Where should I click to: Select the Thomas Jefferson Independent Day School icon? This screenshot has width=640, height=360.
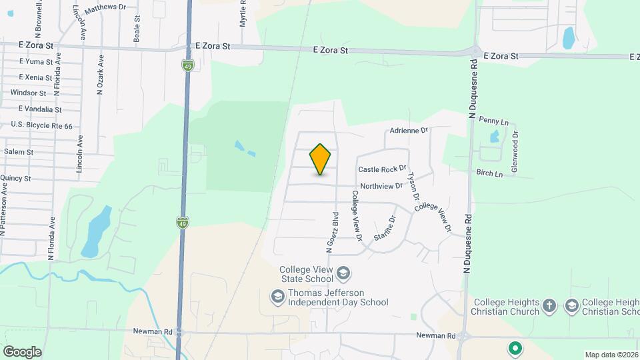(x=277, y=295)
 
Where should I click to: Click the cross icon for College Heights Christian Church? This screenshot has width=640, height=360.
(x=549, y=305)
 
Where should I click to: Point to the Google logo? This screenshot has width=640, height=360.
(x=22, y=351)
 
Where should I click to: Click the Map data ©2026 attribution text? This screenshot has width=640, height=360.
(x=611, y=355)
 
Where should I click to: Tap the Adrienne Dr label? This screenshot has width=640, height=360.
(x=409, y=131)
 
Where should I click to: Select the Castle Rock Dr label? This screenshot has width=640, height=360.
(x=382, y=170)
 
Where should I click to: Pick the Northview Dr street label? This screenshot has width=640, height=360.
(x=381, y=187)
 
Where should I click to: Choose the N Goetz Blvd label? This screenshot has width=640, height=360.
(x=330, y=232)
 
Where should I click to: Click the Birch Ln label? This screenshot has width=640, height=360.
(x=489, y=173)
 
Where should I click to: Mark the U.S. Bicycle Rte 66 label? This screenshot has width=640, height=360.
(x=41, y=125)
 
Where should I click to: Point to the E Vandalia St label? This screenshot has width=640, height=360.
(x=40, y=109)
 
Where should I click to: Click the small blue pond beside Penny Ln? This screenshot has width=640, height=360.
(x=494, y=137)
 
